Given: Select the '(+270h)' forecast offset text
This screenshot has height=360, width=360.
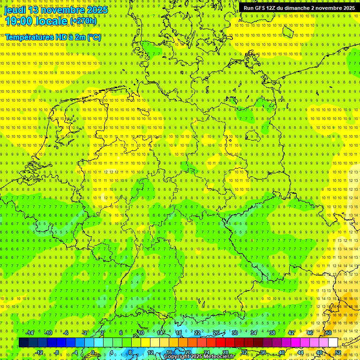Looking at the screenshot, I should point(83,21).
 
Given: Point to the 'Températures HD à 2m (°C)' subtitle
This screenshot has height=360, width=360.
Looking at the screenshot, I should point(53,37).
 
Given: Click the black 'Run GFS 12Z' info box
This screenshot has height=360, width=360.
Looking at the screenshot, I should point(299,8).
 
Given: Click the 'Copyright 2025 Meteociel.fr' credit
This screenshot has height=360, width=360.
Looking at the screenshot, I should point(199,356).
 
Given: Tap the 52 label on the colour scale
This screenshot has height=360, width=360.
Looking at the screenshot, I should point(337,352).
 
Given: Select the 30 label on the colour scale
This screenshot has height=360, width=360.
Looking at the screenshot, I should point(234,333).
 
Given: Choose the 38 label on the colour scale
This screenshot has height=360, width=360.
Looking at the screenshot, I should point(272,333).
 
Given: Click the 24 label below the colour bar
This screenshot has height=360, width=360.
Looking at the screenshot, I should point(206,352).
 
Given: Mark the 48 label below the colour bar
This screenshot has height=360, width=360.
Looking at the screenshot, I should point(319,352).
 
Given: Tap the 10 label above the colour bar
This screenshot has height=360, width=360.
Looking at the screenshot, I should point(141,333).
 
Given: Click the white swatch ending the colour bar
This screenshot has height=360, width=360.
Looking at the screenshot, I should point(333,342).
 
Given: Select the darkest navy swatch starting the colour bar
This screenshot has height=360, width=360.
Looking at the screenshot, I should point(23,342).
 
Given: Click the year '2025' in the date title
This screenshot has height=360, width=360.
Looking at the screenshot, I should point(96,10).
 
